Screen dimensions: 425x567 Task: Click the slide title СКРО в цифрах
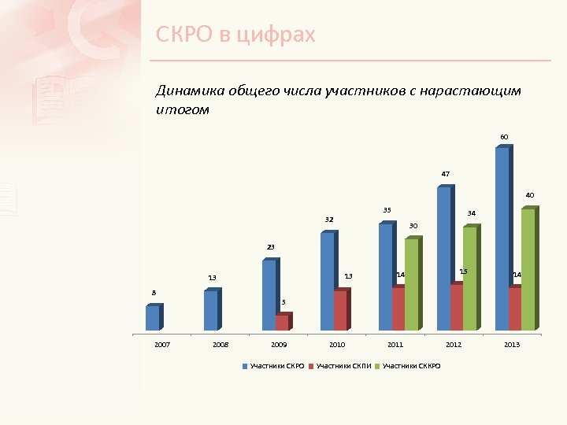pos(235,35)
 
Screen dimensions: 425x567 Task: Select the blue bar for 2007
pos(153,317)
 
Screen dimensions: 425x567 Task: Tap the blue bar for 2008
pos(210,310)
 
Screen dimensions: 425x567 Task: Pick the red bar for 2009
pos(282,323)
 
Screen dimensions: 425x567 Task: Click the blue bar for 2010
pos(327,281)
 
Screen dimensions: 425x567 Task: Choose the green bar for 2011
pos(412,284)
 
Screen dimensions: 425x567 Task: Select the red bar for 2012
pos(456,307)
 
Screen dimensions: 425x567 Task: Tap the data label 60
pos(504,138)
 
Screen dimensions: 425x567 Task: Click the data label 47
pos(446,174)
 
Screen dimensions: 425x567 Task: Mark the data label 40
pos(530,194)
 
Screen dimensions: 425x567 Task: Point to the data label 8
pos(154,293)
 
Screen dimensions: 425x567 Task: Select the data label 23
pos(270,248)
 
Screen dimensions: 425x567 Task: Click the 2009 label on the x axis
pos(279,345)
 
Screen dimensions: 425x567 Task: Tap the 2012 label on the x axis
pos(454,345)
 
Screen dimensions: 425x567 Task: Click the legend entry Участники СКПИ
pos(343,367)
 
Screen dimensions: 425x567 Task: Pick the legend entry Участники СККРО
pos(411,367)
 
